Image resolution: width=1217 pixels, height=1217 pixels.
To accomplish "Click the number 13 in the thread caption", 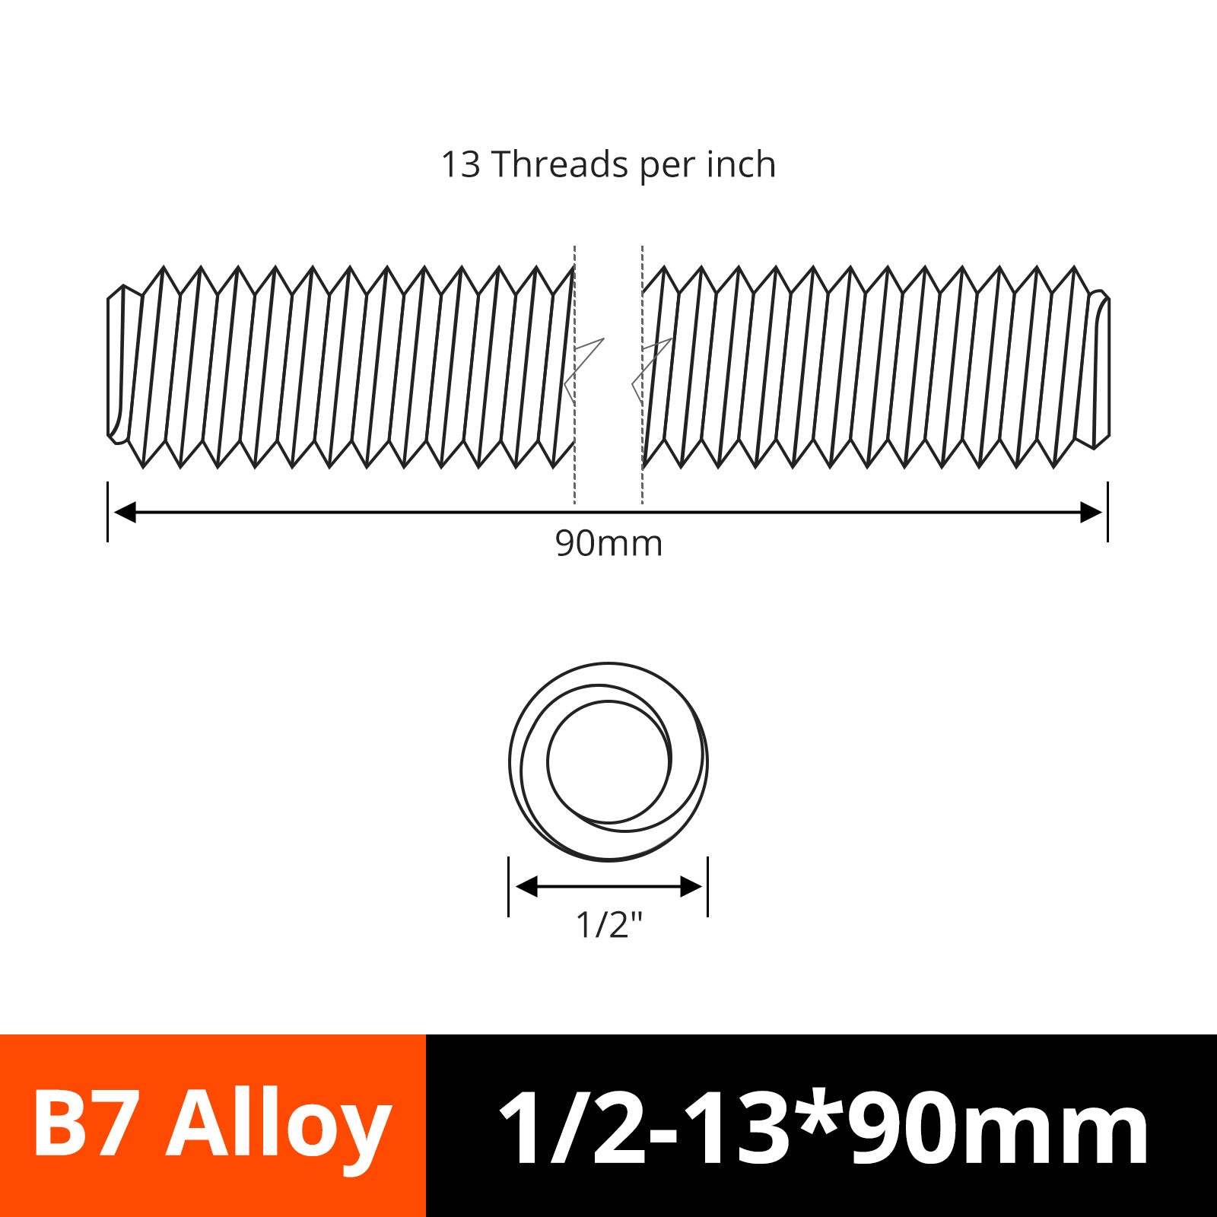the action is tap(461, 164).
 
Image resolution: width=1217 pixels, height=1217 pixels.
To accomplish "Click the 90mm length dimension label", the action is tap(608, 543).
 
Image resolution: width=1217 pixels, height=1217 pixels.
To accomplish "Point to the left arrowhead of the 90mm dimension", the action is tap(125, 512).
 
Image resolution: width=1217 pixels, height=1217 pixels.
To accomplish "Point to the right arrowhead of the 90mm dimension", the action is tap(1091, 512).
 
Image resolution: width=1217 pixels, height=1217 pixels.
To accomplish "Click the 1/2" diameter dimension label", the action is tap(609, 925).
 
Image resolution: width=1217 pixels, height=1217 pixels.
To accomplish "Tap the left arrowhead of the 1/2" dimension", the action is tap(527, 886).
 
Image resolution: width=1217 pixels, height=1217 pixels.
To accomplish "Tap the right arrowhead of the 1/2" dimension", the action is tap(691, 886).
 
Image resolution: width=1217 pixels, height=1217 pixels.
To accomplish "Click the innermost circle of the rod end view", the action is tap(548, 761).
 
